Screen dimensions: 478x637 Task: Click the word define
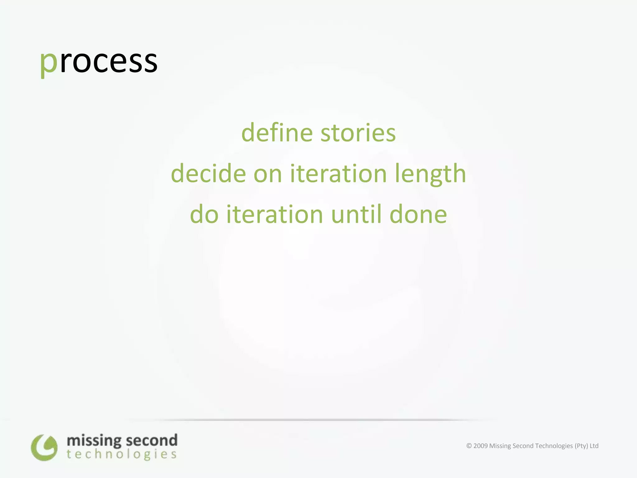point(277,133)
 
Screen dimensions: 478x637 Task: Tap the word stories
point(358,133)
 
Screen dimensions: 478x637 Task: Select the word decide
point(208,173)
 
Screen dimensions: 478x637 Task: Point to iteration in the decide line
point(338,173)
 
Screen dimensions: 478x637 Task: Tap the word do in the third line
point(204,214)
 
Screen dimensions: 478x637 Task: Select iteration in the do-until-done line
point(275,214)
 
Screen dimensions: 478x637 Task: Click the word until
point(356,214)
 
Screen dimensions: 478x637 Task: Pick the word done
point(418,214)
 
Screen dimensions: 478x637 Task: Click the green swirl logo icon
point(44,448)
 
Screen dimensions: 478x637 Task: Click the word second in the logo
point(151,441)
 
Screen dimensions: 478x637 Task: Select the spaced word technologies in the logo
point(122,455)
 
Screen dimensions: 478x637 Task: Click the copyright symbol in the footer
point(469,446)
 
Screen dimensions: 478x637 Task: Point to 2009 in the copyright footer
point(480,446)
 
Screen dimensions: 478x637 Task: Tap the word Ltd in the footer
point(594,446)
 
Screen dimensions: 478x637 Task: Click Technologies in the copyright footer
point(555,446)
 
